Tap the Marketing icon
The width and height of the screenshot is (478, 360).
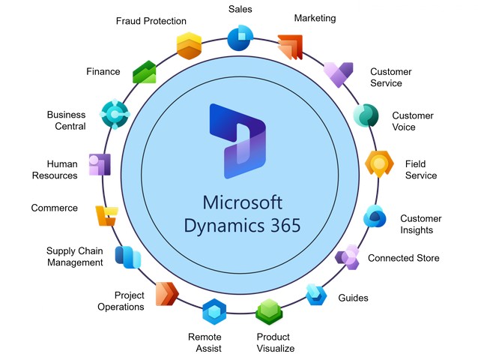click(289, 47)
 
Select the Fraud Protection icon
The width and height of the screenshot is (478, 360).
click(189, 46)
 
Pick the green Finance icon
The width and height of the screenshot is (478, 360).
click(145, 72)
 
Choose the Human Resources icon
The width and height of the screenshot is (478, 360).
click(100, 164)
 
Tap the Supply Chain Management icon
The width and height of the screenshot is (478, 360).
click(127, 257)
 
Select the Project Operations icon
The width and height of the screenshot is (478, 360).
click(166, 293)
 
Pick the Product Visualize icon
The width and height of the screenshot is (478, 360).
click(268, 310)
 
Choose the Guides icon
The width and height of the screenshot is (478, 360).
click(317, 295)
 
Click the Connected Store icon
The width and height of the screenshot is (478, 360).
click(348, 257)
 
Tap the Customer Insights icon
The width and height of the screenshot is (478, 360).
click(375, 217)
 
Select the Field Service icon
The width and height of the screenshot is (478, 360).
click(379, 163)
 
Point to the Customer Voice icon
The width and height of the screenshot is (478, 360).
click(366, 115)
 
